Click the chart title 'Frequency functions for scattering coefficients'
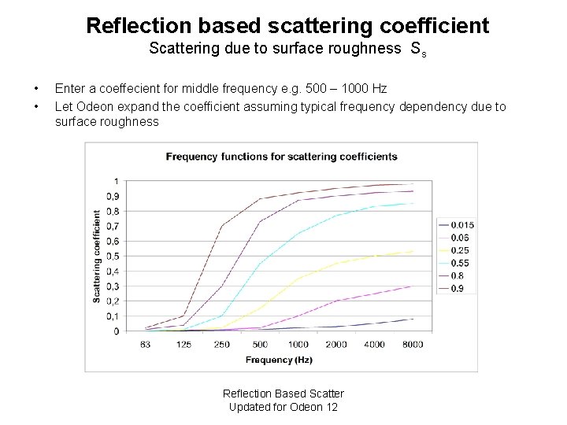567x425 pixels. [x=281, y=157]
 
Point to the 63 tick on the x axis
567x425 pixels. [x=146, y=344]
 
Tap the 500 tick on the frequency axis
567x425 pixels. [x=260, y=344]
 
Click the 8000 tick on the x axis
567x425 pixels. [x=412, y=344]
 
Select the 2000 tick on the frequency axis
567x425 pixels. [x=335, y=344]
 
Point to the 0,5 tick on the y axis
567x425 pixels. [x=113, y=256]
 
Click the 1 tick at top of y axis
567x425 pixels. [x=117, y=181]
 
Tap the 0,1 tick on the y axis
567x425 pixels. [x=113, y=316]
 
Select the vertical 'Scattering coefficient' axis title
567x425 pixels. [x=98, y=256]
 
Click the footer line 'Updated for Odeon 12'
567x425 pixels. [x=283, y=407]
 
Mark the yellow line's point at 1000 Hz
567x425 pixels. [x=298, y=279]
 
